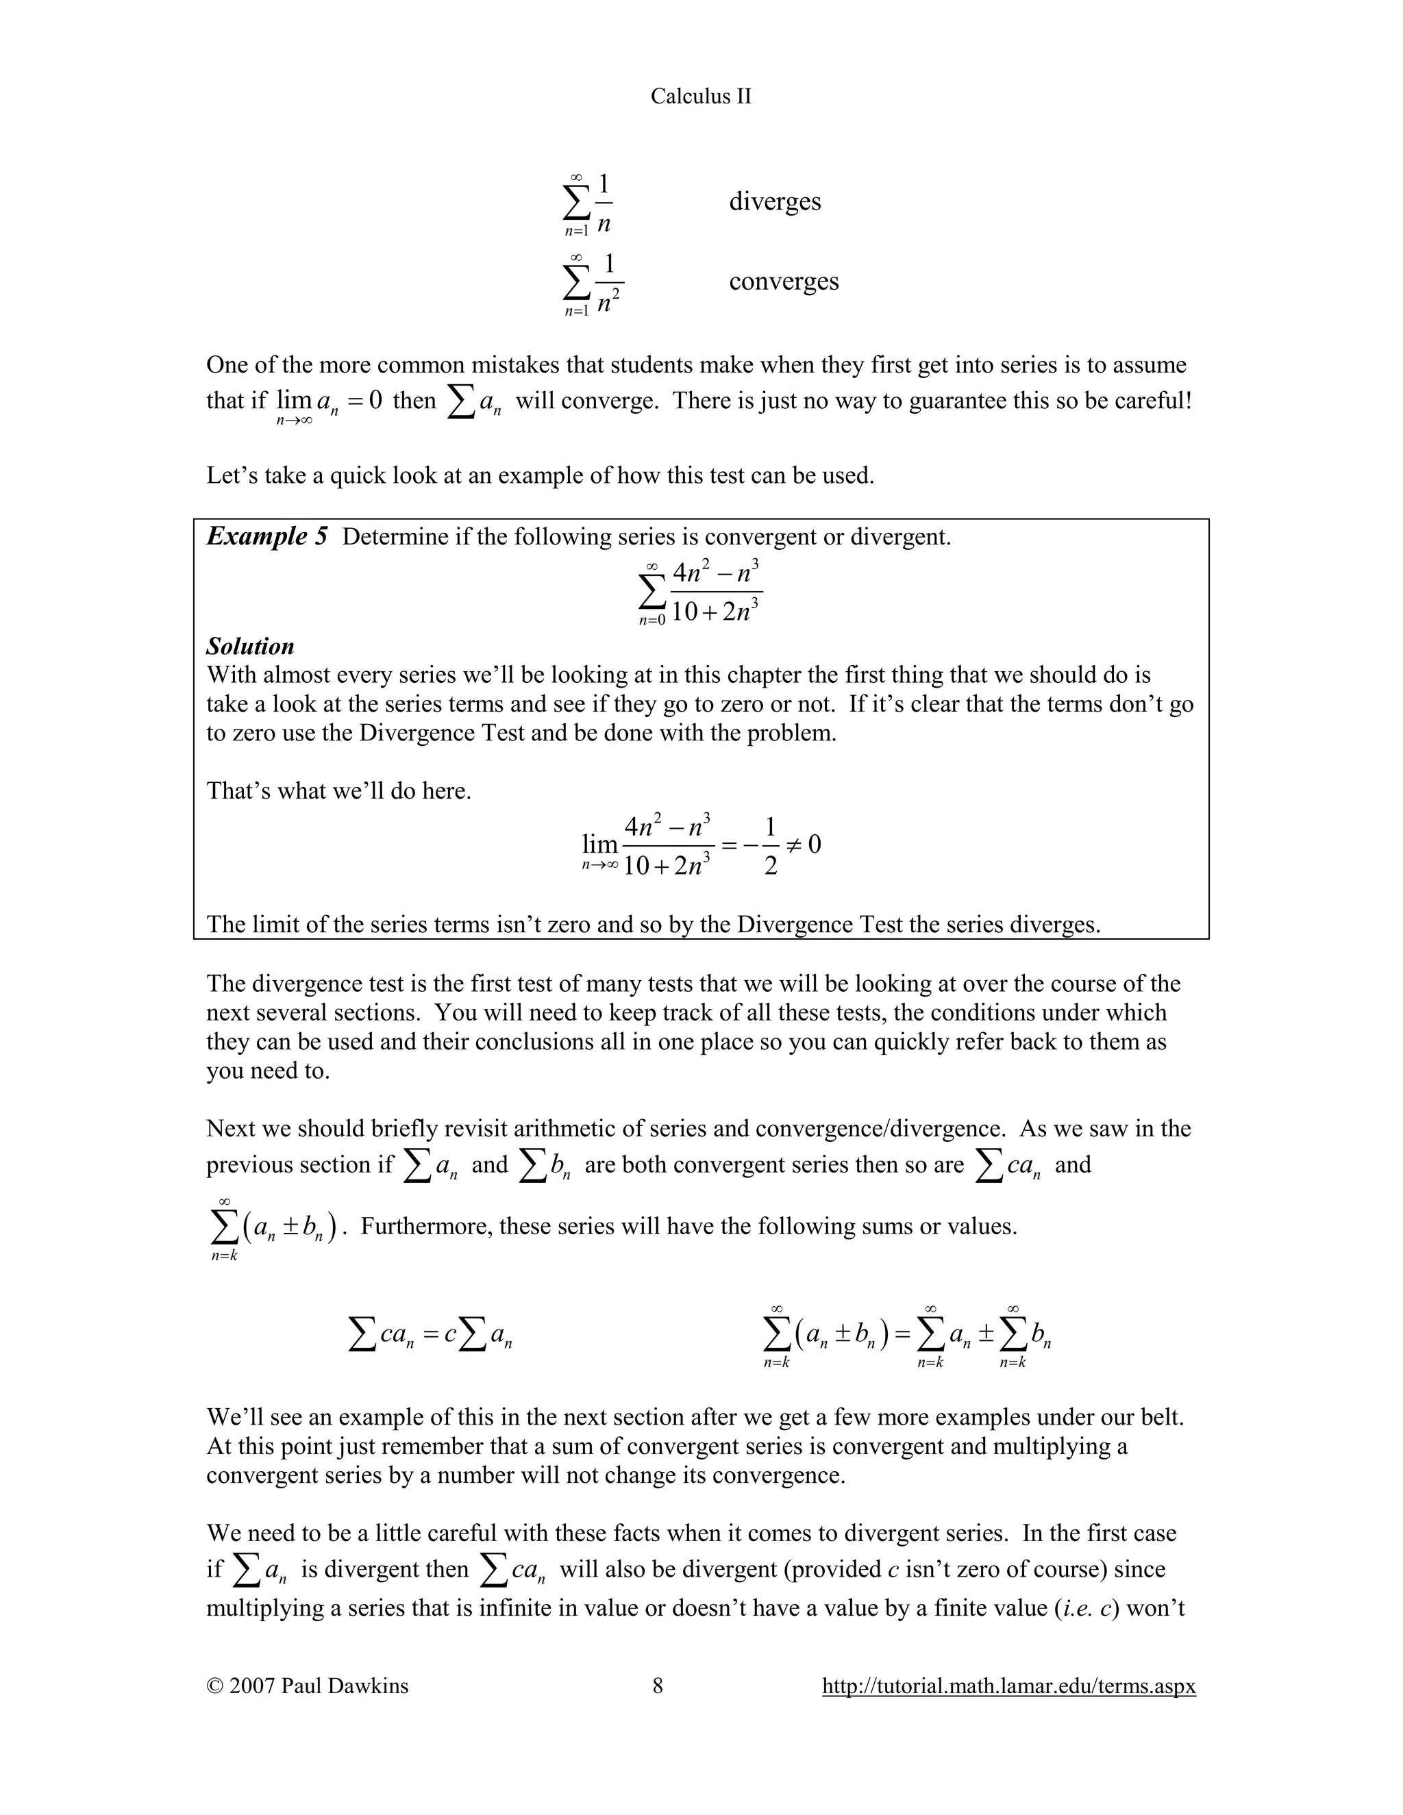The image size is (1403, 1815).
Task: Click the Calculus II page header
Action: (701, 97)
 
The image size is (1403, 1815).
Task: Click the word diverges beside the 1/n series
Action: (775, 202)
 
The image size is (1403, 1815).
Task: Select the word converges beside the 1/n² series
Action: (784, 281)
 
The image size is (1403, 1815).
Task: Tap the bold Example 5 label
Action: (266, 536)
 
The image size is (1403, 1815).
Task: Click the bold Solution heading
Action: (250, 647)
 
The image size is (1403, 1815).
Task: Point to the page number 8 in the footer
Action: (658, 1686)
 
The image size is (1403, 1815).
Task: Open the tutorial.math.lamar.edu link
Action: (1008, 1686)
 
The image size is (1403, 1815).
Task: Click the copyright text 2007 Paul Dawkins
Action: (308, 1686)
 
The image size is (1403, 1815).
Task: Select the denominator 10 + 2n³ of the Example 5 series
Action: (716, 612)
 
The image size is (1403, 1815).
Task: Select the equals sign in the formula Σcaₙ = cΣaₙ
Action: (430, 1336)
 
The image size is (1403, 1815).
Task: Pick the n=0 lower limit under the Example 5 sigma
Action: (652, 621)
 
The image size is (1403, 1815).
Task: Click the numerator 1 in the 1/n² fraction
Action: (609, 264)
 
